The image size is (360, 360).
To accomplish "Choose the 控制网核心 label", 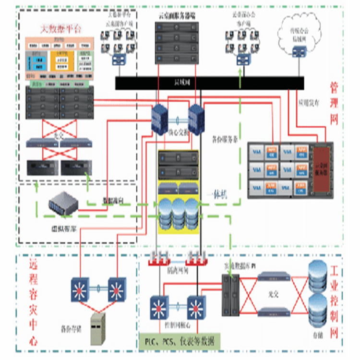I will [x=177, y=325].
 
